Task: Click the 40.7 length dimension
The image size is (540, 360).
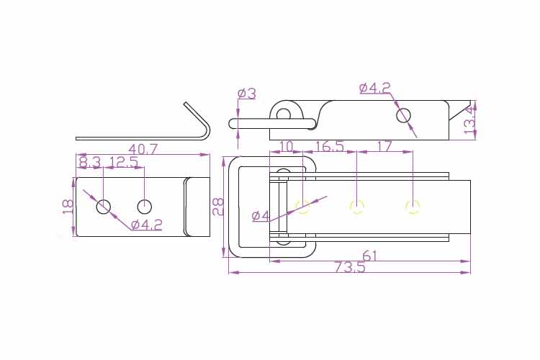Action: click(x=143, y=149)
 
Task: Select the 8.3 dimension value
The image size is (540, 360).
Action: click(x=90, y=161)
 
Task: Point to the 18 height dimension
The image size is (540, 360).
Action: click(x=68, y=207)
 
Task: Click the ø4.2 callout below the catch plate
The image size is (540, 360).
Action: click(x=146, y=225)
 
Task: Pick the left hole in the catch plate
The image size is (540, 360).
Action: click(x=103, y=207)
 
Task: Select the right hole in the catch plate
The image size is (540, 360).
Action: click(x=144, y=207)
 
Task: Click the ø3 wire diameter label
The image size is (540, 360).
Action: click(x=247, y=93)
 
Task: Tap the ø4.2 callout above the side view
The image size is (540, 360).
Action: click(x=375, y=88)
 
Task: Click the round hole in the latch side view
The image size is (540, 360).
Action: click(x=403, y=115)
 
